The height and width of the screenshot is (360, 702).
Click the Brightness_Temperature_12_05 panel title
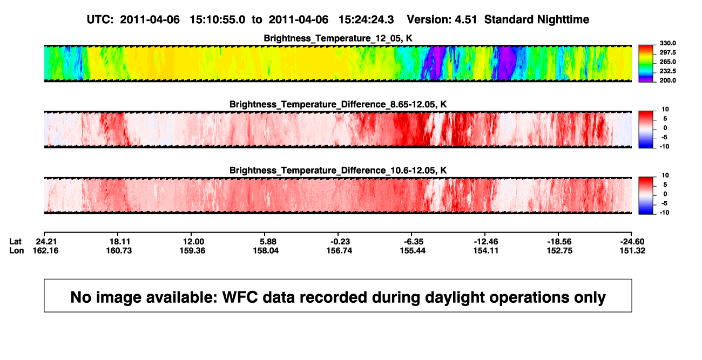pyautogui.click(x=338, y=38)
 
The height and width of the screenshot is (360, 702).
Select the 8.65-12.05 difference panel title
pyautogui.click(x=338, y=104)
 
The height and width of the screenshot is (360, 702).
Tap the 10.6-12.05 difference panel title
pyautogui.click(x=338, y=171)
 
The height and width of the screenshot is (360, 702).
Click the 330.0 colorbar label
pyautogui.click(x=667, y=43)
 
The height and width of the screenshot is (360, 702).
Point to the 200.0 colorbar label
pyautogui.click(x=667, y=80)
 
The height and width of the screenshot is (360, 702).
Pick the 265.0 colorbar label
pyautogui.click(x=667, y=62)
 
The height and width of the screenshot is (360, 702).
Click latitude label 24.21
pyautogui.click(x=46, y=242)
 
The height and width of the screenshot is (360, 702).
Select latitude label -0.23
pyautogui.click(x=340, y=242)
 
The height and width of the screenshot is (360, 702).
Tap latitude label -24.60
pyautogui.click(x=632, y=242)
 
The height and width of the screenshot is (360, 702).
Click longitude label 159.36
pyautogui.click(x=192, y=250)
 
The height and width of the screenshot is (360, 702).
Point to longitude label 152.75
pyautogui.click(x=559, y=250)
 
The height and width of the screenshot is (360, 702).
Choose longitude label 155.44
pyautogui.click(x=413, y=250)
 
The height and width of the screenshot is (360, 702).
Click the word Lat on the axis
pyautogui.click(x=15, y=242)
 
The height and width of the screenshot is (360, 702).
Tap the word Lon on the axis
pyautogui.click(x=17, y=250)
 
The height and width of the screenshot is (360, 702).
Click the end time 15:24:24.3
pyautogui.click(x=366, y=20)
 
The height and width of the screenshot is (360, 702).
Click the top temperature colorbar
pyautogui.click(x=646, y=64)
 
